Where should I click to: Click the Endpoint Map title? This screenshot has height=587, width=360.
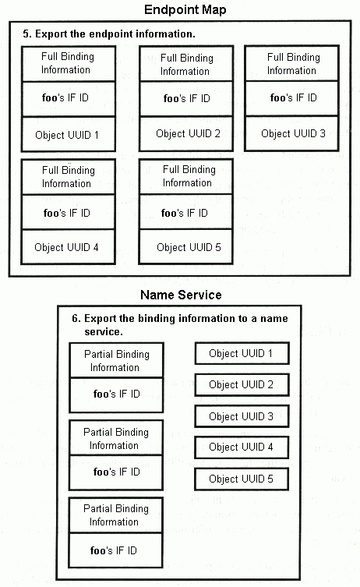click(185, 9)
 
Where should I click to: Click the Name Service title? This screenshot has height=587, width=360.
click(181, 295)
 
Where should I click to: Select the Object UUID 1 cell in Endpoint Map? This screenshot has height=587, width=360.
click(68, 134)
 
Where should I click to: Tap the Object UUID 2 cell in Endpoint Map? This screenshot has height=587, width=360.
click(186, 133)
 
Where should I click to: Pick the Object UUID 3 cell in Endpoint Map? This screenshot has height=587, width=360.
click(292, 133)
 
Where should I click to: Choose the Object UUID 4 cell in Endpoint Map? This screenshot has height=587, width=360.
click(68, 247)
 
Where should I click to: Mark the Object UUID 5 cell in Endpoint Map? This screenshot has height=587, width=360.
click(186, 247)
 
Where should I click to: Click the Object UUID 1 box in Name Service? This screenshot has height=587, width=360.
click(242, 353)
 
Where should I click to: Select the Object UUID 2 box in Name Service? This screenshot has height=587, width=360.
click(242, 384)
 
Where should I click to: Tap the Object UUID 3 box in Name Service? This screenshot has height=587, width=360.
click(242, 416)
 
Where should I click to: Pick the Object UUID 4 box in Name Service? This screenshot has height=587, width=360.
click(242, 447)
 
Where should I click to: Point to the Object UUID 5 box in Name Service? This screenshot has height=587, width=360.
click(242, 479)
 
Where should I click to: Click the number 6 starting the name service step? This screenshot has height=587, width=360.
click(76, 319)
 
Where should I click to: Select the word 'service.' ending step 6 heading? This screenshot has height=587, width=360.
click(104, 331)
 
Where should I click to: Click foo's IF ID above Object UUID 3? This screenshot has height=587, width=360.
click(294, 97)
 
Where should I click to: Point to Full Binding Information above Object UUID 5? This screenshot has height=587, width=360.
click(189, 176)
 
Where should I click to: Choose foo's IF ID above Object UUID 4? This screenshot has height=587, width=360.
click(67, 213)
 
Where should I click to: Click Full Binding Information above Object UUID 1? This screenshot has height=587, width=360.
click(67, 63)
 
